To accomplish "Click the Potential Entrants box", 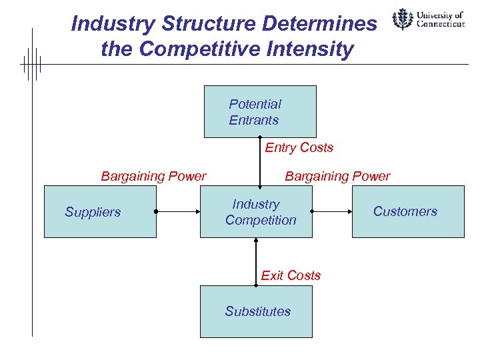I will click(259, 111).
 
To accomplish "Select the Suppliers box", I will click(100, 212).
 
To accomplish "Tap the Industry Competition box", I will click(255, 212).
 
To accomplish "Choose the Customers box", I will click(407, 212).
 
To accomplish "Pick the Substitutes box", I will click(256, 311).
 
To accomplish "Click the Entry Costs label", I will click(299, 147).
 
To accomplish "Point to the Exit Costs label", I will click(291, 275).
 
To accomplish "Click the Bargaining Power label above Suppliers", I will click(153, 176).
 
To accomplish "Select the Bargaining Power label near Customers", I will click(337, 176).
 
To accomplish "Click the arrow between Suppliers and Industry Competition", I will click(178, 212).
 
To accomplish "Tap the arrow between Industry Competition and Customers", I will click(331, 212).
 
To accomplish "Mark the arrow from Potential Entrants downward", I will click(260, 162).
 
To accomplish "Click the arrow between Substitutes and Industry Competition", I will click(256, 261).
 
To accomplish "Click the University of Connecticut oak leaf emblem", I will click(402, 19).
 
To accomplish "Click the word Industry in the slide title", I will click(104, 24).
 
